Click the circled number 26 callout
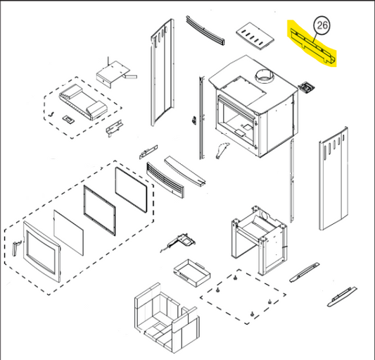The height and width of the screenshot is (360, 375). pyautogui.click(x=322, y=25)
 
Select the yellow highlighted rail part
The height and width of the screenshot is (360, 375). pyautogui.click(x=312, y=46)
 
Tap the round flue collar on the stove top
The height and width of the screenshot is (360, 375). pyautogui.click(x=265, y=75)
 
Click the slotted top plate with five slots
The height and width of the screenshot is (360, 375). pyautogui.click(x=255, y=37)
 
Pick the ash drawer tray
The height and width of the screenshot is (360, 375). pyautogui.click(x=192, y=273)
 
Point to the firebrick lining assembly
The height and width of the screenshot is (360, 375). pyautogui.click(x=167, y=318)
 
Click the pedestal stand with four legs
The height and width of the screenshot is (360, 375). pyautogui.click(x=259, y=240)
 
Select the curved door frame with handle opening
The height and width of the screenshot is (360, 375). pyautogui.click(x=42, y=252)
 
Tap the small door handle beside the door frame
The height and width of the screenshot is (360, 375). pyautogui.click(x=15, y=249)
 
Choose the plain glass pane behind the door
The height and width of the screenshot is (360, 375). pyautogui.click(x=69, y=232)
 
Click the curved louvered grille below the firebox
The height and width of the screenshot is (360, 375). pyautogui.click(x=165, y=180)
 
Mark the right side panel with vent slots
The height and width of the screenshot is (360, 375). pyautogui.click(x=333, y=179)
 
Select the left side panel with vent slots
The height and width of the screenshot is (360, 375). pyautogui.click(x=163, y=73)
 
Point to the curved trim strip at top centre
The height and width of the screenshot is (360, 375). pyautogui.click(x=205, y=30)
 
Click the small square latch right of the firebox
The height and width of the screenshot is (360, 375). pyautogui.click(x=306, y=87)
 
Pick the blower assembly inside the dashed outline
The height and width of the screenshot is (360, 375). pyautogui.click(x=83, y=101)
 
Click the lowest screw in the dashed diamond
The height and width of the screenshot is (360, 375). pyautogui.click(x=252, y=314)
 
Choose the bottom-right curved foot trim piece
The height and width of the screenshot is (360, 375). pyautogui.click(x=342, y=297)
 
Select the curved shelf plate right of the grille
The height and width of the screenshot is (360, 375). pyautogui.click(x=185, y=171)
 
